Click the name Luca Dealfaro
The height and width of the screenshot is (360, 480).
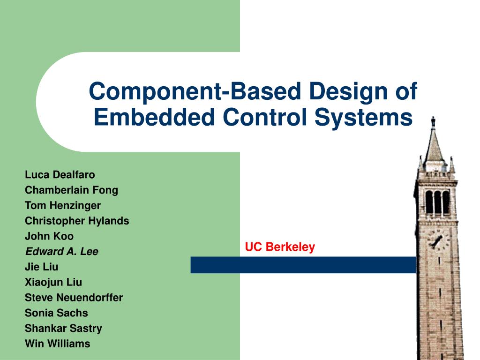(60, 175)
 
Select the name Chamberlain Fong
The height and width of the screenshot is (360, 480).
(71, 190)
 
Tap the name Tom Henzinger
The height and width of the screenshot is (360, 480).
(62, 205)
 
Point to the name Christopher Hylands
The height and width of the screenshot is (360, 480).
(77, 221)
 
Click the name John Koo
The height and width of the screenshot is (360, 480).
(49, 236)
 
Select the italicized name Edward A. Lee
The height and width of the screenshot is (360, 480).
(61, 252)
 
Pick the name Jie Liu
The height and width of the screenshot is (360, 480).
(41, 267)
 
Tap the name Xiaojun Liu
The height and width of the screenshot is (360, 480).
(53, 282)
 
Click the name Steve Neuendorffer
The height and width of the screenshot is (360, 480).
(74, 298)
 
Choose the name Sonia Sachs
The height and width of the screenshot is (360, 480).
(56, 313)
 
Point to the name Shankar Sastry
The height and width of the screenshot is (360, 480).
(63, 328)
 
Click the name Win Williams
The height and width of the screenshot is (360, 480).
(57, 344)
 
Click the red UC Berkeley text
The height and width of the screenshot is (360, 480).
(280, 247)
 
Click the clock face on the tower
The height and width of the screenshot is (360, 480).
(437, 240)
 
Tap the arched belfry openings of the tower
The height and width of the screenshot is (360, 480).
(437, 202)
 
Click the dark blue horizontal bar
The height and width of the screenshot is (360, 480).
(303, 265)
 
